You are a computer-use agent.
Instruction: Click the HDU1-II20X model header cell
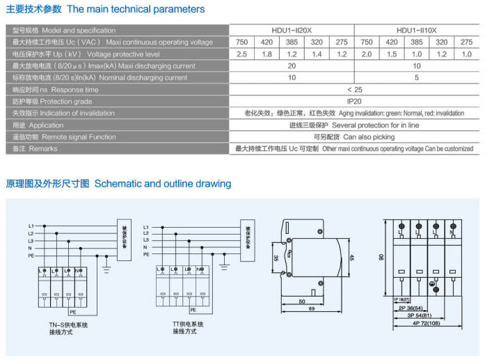292,31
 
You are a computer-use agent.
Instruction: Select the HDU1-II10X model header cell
416,31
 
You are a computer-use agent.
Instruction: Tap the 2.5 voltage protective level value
241,54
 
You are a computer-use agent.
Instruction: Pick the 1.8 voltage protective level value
267,54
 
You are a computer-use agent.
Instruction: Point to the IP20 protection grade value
354,102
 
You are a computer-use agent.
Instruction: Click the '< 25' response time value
354,90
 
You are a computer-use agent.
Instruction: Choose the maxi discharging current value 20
292,66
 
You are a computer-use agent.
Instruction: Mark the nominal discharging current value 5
416,78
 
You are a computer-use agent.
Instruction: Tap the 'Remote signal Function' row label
64,137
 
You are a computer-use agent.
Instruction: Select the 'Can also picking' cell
354,137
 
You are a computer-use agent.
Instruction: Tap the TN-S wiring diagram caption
69,328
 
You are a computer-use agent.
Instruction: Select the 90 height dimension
381,257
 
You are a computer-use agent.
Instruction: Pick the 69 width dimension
312,308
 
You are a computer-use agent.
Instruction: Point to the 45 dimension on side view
352,257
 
